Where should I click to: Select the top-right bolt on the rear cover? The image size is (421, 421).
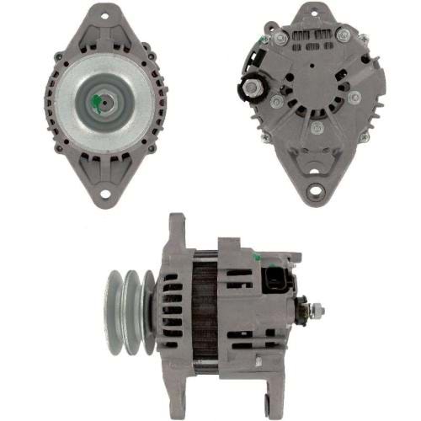[343, 36]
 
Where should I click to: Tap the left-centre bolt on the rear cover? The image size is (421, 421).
[276, 101]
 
